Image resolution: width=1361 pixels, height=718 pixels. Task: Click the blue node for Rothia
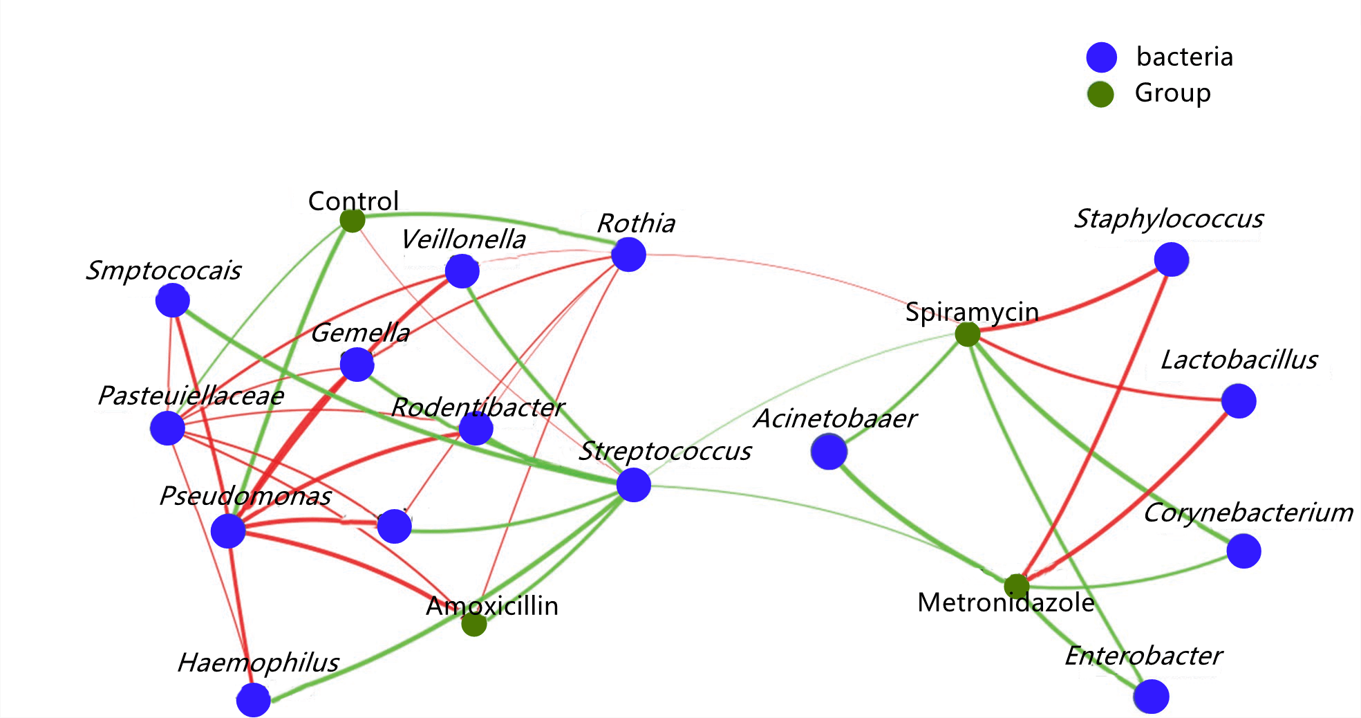point(628,255)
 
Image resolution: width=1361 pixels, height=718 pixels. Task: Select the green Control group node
point(353,221)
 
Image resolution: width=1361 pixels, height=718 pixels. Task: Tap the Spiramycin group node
point(967,334)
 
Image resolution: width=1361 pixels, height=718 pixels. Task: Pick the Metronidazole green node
point(1016,587)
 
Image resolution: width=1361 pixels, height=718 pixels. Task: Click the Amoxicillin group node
point(474,624)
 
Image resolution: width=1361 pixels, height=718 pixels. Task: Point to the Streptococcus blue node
point(633,484)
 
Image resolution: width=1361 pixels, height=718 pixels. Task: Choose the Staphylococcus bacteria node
point(1171,260)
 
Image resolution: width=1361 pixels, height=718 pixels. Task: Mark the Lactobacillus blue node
point(1238,401)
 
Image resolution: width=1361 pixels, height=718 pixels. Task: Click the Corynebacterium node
point(1243,551)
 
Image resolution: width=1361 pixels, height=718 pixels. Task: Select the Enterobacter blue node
point(1152,697)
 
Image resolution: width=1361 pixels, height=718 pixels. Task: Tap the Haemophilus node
point(254,700)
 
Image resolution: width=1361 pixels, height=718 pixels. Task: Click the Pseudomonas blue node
point(228,531)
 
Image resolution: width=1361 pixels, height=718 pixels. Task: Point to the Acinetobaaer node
point(828,452)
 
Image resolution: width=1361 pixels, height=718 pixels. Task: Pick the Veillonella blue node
point(462,271)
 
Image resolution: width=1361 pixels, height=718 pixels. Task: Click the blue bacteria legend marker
point(1101,57)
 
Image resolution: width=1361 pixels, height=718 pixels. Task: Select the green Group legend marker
point(1100,94)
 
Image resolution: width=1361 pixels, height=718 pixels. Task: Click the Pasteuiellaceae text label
point(191,396)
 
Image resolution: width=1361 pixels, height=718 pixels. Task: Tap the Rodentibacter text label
point(478,407)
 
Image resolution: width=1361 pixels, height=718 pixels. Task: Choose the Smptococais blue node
point(173,300)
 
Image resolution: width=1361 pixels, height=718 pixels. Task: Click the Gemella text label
point(360,333)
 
